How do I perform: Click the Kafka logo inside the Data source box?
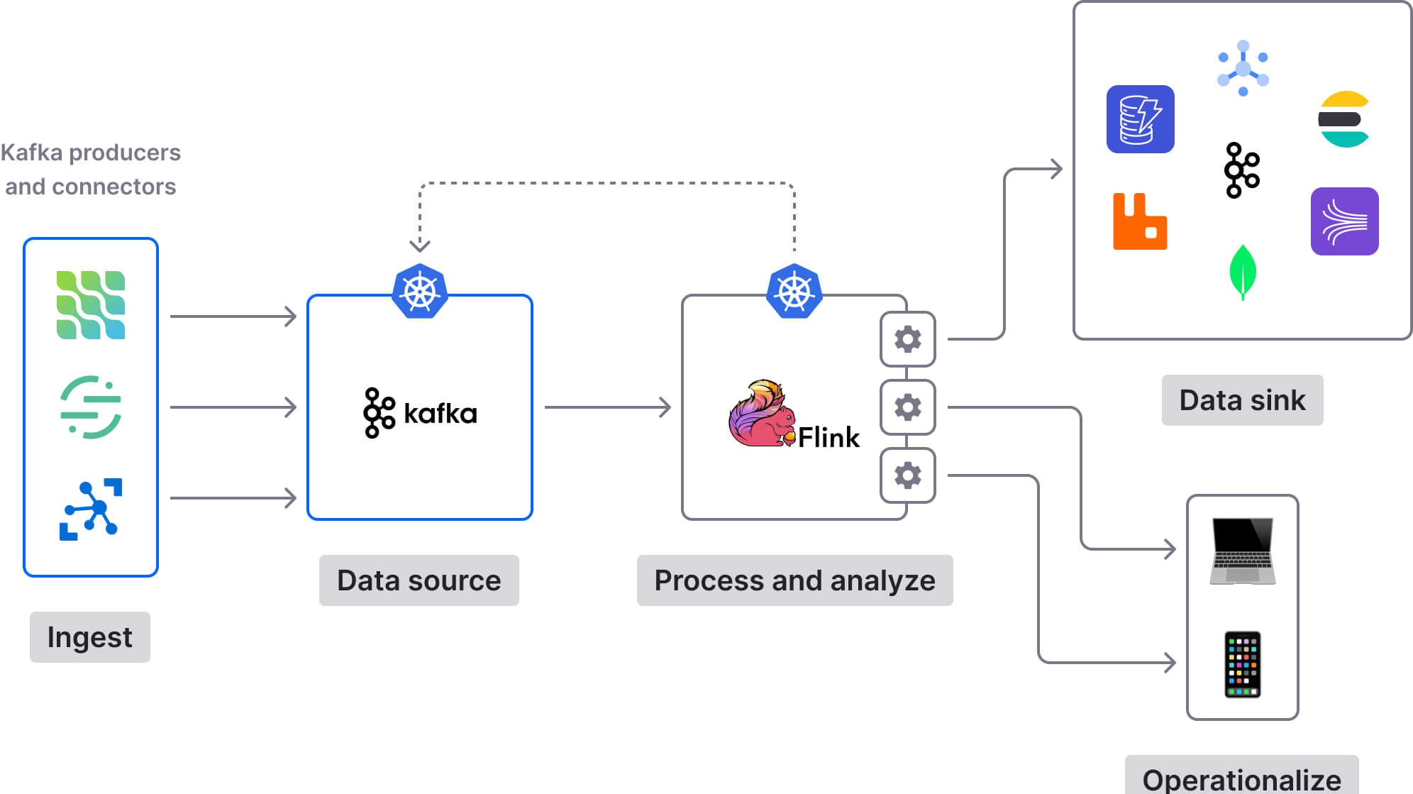pos(419,412)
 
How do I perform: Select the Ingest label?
pos(89,636)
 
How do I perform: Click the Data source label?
pos(419,580)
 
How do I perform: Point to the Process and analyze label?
pos(794,580)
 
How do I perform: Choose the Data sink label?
pos(1241,399)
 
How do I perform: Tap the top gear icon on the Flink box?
pos(907,339)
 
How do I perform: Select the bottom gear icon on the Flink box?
pos(907,475)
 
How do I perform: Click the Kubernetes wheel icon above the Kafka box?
pos(419,291)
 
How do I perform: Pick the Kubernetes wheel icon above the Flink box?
pos(794,291)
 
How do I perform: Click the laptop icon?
pos(1242,551)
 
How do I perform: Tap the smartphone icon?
pos(1242,664)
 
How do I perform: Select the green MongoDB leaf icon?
pos(1242,272)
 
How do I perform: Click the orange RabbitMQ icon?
pos(1139,221)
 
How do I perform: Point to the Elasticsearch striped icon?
pos(1343,119)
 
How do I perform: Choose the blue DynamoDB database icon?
pos(1140,119)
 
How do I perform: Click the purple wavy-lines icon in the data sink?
pos(1344,221)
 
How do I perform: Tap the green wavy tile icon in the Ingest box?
pos(91,304)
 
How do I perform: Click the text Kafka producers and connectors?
pos(90,169)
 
